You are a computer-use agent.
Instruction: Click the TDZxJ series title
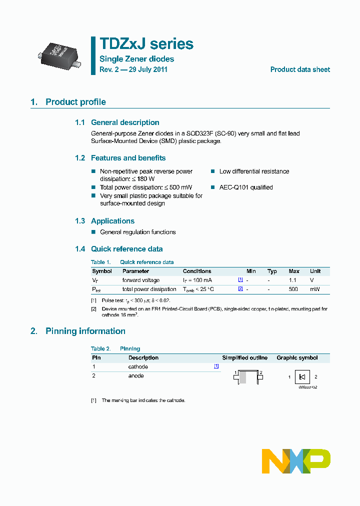click(146, 44)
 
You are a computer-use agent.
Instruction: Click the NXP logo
click(296, 460)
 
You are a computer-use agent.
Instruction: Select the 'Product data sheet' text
click(300, 69)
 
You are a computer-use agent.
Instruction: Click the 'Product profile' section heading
click(75, 102)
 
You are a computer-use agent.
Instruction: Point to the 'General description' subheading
click(125, 122)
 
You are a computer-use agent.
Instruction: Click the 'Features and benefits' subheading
click(128, 158)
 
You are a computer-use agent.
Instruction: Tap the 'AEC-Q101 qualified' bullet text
click(246, 187)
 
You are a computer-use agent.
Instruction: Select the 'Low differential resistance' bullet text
click(254, 171)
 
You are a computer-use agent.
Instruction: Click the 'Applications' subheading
click(112, 221)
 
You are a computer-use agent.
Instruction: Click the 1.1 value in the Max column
click(293, 280)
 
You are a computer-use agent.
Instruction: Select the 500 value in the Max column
click(293, 289)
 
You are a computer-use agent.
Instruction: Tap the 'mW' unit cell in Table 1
click(314, 289)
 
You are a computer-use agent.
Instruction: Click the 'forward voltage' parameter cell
click(141, 280)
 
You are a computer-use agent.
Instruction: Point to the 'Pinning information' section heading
click(85, 331)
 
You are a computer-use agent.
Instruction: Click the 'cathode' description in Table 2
click(138, 366)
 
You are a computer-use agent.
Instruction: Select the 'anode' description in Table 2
click(136, 375)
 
